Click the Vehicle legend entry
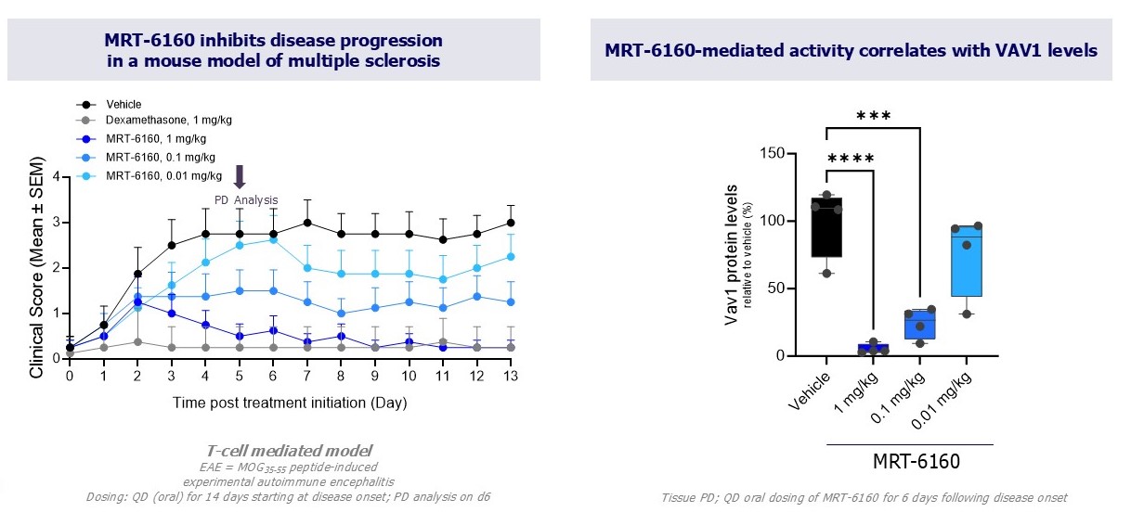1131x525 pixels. [123, 105]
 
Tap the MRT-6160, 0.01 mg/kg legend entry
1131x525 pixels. [163, 175]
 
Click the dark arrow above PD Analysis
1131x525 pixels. [240, 177]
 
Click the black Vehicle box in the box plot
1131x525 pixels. [826, 227]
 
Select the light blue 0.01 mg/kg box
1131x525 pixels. [966, 261]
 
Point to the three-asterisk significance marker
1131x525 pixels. [873, 116]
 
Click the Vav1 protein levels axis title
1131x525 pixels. [735, 255]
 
